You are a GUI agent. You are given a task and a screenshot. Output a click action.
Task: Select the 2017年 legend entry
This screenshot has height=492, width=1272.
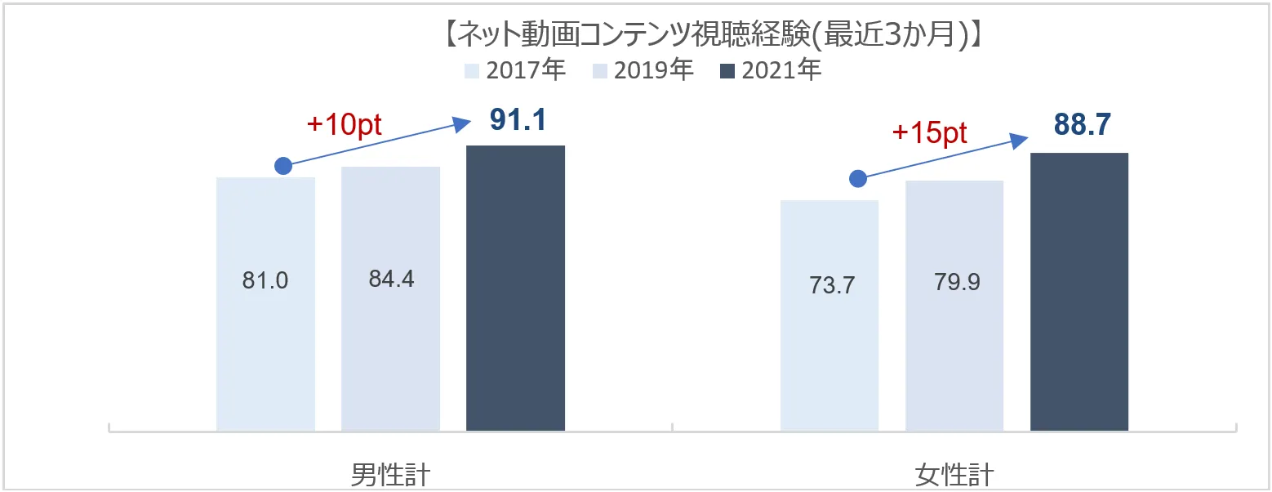coord(514,70)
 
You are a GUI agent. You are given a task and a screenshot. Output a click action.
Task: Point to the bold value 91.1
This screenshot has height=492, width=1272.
coord(518,120)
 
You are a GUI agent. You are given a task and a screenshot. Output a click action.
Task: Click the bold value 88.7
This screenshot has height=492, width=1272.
coord(1082,125)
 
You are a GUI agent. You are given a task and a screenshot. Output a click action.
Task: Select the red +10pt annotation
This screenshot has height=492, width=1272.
coord(345,124)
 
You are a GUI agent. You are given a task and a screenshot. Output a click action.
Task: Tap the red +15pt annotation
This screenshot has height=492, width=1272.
coord(929,133)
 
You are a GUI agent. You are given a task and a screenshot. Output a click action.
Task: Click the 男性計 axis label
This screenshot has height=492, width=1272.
coord(390,474)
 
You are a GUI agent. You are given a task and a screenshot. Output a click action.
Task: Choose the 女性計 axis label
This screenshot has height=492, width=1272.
coord(954,474)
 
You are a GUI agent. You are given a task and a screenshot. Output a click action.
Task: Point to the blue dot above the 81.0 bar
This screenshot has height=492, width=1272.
coord(282,166)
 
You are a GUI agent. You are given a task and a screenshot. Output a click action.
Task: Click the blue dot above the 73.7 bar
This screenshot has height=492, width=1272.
coord(857,178)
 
